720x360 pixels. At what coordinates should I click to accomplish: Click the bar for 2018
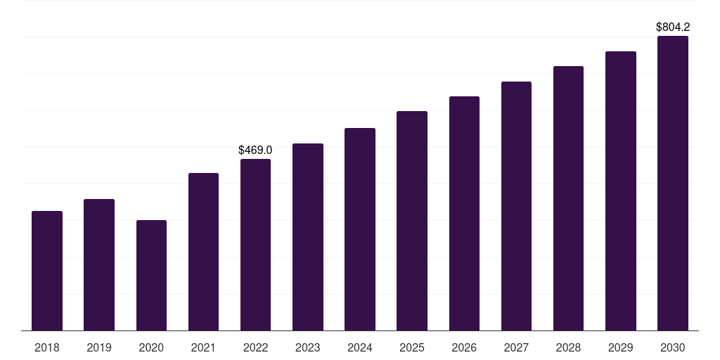click(47, 271)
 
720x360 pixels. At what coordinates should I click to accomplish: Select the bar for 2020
click(152, 276)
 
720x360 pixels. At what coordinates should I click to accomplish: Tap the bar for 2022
click(255, 245)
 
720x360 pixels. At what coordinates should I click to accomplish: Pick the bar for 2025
click(412, 221)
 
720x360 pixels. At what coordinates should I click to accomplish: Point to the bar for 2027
click(516, 206)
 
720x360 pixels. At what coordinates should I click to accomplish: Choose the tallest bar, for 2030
click(673, 184)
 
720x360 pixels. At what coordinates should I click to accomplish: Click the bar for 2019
click(99, 265)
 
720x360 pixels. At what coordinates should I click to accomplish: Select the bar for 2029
click(621, 191)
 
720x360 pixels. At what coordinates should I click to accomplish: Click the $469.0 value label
click(255, 150)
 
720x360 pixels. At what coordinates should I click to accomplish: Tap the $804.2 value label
click(673, 27)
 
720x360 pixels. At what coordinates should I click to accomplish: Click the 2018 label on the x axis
click(47, 347)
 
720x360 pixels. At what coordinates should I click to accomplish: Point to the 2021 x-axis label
click(203, 347)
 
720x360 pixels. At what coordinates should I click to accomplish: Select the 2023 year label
click(308, 347)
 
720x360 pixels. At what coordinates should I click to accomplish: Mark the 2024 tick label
click(360, 347)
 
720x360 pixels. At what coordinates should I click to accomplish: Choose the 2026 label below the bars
click(464, 347)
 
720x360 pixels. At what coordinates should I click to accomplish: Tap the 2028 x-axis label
click(568, 347)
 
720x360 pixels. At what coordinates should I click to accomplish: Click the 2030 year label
click(673, 347)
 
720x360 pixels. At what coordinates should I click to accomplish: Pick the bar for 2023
click(308, 237)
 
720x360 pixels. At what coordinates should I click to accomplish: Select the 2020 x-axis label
click(152, 347)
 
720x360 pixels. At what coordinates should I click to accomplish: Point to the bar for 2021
click(203, 252)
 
